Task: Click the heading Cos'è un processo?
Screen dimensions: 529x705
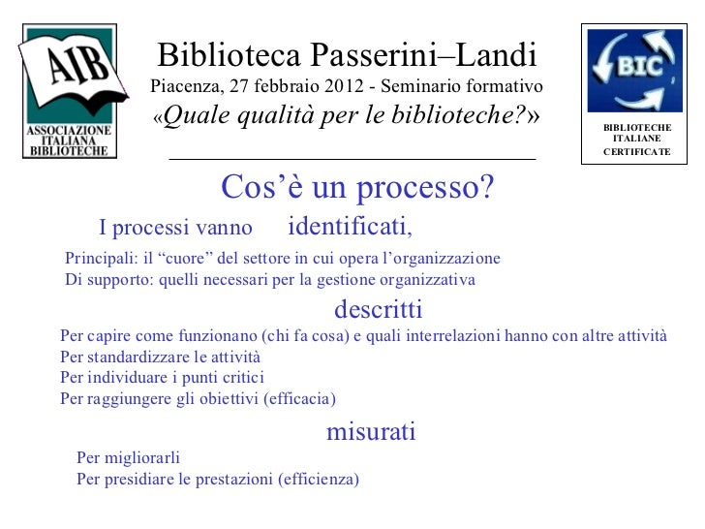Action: click(x=357, y=187)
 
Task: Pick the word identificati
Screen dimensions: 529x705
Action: click(x=350, y=227)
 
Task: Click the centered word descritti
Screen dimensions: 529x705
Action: click(x=378, y=309)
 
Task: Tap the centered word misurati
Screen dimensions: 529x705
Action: click(x=371, y=431)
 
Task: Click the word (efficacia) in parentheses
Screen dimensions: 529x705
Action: click(x=299, y=398)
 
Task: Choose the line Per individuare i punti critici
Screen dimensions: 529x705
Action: click(x=162, y=377)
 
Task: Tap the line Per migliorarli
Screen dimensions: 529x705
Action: click(x=129, y=457)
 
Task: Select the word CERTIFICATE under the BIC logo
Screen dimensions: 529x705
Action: click(x=636, y=151)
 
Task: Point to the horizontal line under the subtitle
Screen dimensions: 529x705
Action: click(x=352, y=158)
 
